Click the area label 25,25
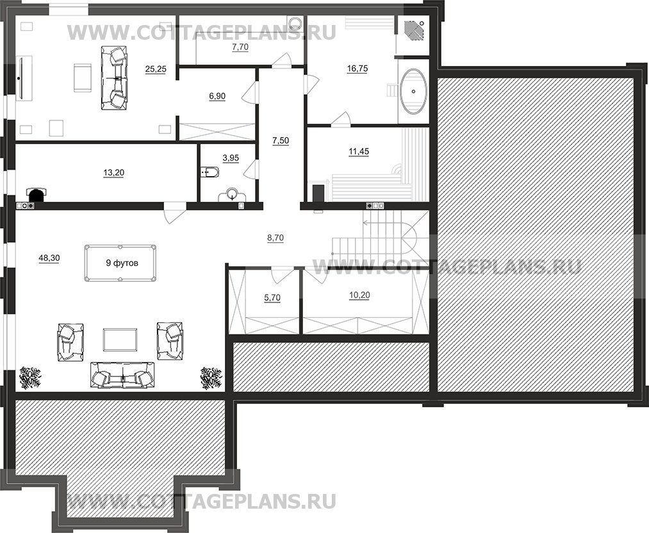coord(156,69)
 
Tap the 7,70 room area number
coord(240,47)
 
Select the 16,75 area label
coord(357,69)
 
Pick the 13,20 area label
coord(113,172)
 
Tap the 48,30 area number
coord(49,258)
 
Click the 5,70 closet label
coord(272,297)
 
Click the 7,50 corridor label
coord(281,141)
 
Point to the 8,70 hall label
coord(275,238)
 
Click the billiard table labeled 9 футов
coord(119,263)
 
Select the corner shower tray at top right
coord(413,29)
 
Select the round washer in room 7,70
coord(295,23)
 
